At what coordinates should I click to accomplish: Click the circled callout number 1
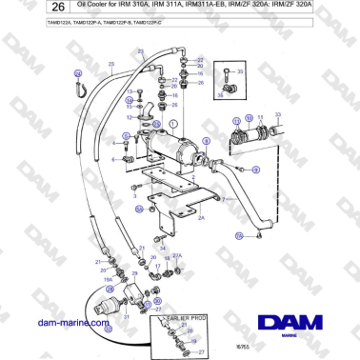coord(173,125)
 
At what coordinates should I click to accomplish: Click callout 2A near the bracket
coord(201,218)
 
